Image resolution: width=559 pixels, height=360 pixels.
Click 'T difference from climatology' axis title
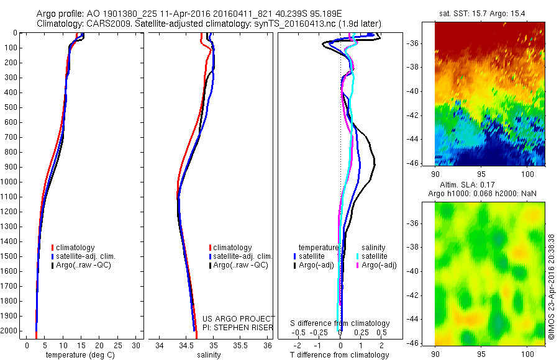click(x=340, y=355)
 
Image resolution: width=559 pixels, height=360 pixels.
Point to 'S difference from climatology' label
click(x=340, y=323)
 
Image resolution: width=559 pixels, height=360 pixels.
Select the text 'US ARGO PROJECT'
click(x=239, y=318)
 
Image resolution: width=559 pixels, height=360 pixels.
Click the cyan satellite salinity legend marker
click(x=360, y=256)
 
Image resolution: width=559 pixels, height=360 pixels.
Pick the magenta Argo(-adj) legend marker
click(x=360, y=265)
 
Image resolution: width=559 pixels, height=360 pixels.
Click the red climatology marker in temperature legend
click(x=53, y=248)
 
